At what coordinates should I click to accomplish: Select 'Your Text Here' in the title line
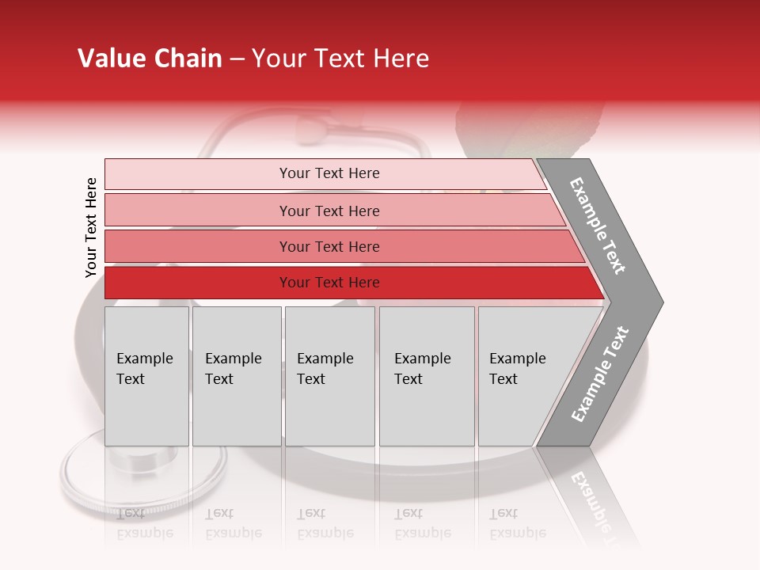pyautogui.click(x=340, y=59)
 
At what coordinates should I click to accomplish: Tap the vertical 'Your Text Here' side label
pyautogui.click(x=91, y=227)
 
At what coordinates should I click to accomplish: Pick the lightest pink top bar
pyautogui.click(x=329, y=173)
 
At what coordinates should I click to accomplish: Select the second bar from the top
pyautogui.click(x=329, y=211)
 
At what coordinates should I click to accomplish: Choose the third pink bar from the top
pyautogui.click(x=329, y=246)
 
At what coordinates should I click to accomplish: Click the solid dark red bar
pyautogui.click(x=329, y=283)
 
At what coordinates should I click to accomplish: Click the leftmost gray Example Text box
pyautogui.click(x=146, y=376)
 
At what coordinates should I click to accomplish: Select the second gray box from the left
pyautogui.click(x=237, y=376)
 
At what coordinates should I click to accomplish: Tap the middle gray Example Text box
pyautogui.click(x=329, y=376)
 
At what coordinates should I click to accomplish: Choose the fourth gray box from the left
pyautogui.click(x=427, y=376)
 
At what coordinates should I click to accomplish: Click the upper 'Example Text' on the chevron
pyautogui.click(x=598, y=226)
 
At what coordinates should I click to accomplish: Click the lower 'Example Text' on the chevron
pyautogui.click(x=600, y=374)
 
